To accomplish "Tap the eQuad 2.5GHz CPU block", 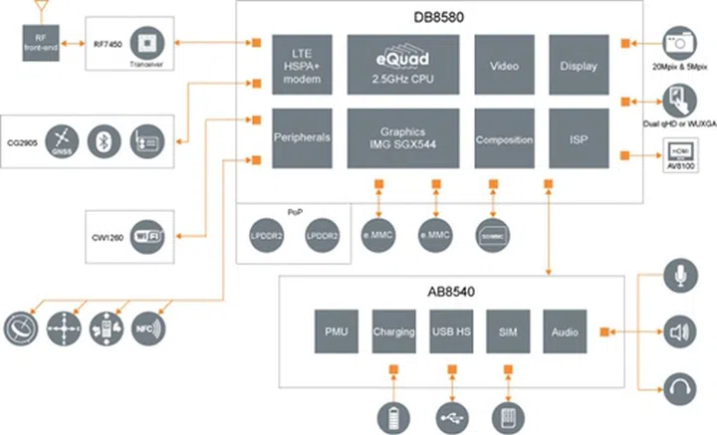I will (403, 66).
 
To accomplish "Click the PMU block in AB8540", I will (335, 330).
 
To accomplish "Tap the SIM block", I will (508, 330).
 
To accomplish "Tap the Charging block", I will (392, 330).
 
